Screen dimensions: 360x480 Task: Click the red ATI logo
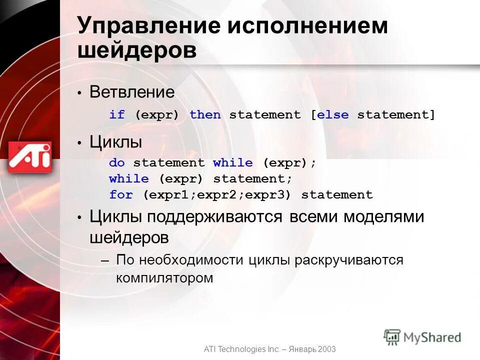30,156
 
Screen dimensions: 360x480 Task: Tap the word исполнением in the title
307,26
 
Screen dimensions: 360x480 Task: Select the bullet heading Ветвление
132,92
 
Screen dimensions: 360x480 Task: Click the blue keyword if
117,115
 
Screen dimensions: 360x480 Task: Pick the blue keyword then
205,115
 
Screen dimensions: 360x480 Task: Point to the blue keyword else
332,115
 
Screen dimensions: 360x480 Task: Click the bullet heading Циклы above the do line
116,142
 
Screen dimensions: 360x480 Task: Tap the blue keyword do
117,163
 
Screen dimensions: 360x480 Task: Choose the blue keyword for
121,195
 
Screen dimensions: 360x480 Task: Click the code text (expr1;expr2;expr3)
217,195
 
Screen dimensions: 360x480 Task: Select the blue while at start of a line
129,179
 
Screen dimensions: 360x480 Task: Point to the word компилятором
164,277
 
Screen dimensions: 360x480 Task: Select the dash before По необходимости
104,260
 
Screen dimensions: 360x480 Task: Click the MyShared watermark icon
392,336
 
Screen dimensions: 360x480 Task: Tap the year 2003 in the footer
325,349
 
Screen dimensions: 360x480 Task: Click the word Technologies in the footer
242,349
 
